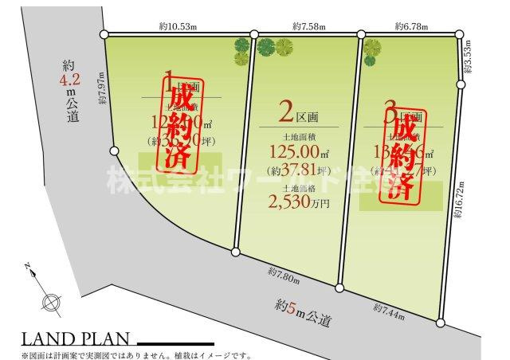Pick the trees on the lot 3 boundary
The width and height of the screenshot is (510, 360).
(x=371, y=49)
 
